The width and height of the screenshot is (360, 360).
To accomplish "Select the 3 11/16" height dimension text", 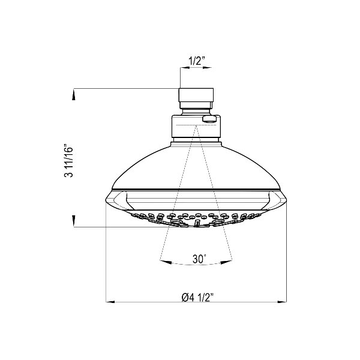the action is coord(68,161).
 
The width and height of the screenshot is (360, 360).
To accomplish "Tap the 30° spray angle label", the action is coord(199,259).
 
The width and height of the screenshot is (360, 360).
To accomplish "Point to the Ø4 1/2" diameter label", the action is coord(197,298).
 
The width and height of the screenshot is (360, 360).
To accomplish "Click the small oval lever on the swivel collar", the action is coord(209,119).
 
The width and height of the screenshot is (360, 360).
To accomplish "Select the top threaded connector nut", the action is coord(196,95).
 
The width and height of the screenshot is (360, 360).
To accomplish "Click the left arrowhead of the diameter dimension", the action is coord(110,302).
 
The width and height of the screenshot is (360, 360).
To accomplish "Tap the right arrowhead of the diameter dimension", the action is coord(282,302).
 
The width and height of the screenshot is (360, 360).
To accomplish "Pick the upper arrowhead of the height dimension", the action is coord(74,95).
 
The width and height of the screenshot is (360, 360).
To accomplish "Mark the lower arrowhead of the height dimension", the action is coord(74,220).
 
